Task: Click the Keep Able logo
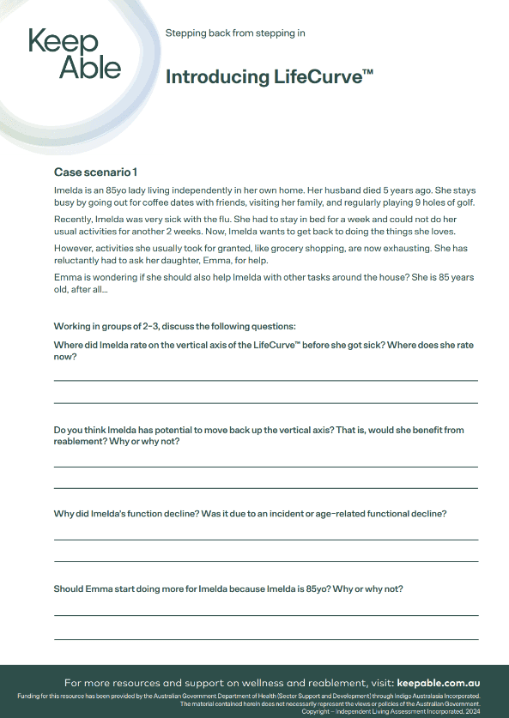click(75, 54)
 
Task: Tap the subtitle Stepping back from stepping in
click(234, 33)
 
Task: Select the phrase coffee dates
click(187, 202)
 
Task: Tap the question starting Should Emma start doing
click(228, 588)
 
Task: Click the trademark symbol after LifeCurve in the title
click(367, 72)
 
